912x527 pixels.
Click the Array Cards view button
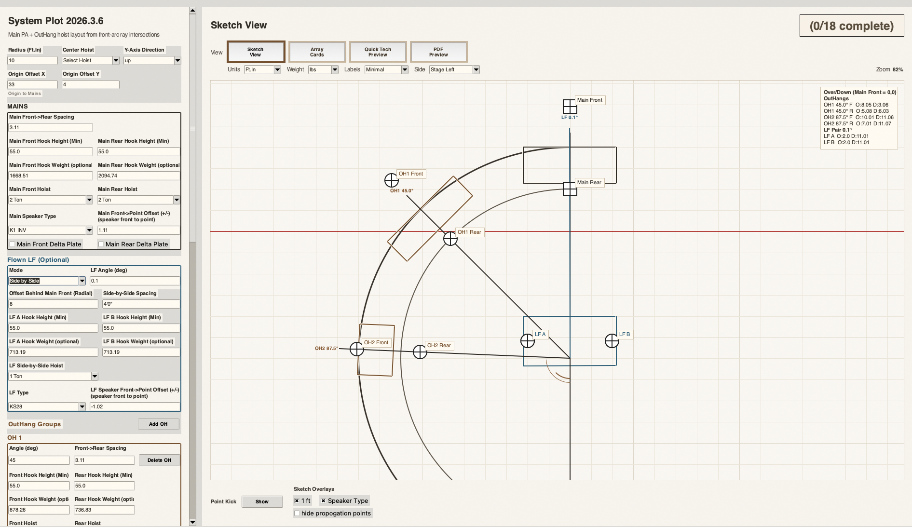(317, 52)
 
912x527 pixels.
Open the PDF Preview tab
(438, 52)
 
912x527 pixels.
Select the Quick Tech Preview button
(378, 52)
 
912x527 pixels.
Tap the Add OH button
(158, 424)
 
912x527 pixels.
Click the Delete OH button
(159, 460)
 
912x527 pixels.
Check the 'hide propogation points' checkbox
(297, 513)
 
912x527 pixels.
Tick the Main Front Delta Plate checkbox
(13, 244)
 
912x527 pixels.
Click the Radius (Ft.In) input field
(32, 60)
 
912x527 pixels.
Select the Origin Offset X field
(32, 84)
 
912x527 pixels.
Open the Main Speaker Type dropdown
(51, 230)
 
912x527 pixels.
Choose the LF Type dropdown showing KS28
(47, 406)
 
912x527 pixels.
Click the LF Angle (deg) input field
(135, 281)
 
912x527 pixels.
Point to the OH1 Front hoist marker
(392, 180)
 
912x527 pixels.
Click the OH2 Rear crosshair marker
(420, 352)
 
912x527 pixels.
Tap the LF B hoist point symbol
(612, 341)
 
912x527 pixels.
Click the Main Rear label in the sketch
(589, 182)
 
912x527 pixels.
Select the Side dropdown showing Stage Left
(454, 69)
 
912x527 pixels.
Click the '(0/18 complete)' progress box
(852, 26)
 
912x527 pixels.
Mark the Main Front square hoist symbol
(570, 107)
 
